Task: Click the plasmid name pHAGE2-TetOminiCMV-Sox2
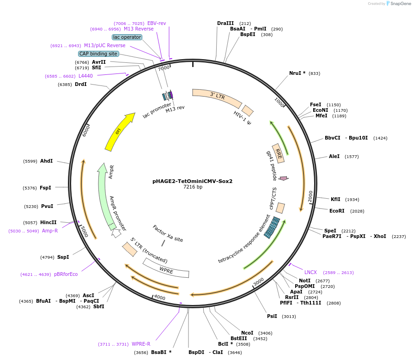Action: tap(192, 181)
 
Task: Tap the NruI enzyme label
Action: tap(296, 73)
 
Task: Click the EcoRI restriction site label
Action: tap(337, 211)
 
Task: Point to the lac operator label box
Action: tap(127, 37)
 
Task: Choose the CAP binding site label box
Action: tap(98, 54)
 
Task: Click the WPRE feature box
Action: tap(166, 269)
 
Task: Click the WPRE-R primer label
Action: tap(141, 344)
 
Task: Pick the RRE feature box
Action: tap(278, 153)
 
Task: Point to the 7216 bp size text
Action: tap(193, 187)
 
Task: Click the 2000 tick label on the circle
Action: tap(310, 196)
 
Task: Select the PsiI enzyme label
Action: tap(272, 316)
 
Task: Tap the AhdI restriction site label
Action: tap(46, 161)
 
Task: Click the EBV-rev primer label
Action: tap(157, 23)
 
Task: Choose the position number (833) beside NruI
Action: tap(314, 73)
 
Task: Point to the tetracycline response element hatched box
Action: tap(272, 227)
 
